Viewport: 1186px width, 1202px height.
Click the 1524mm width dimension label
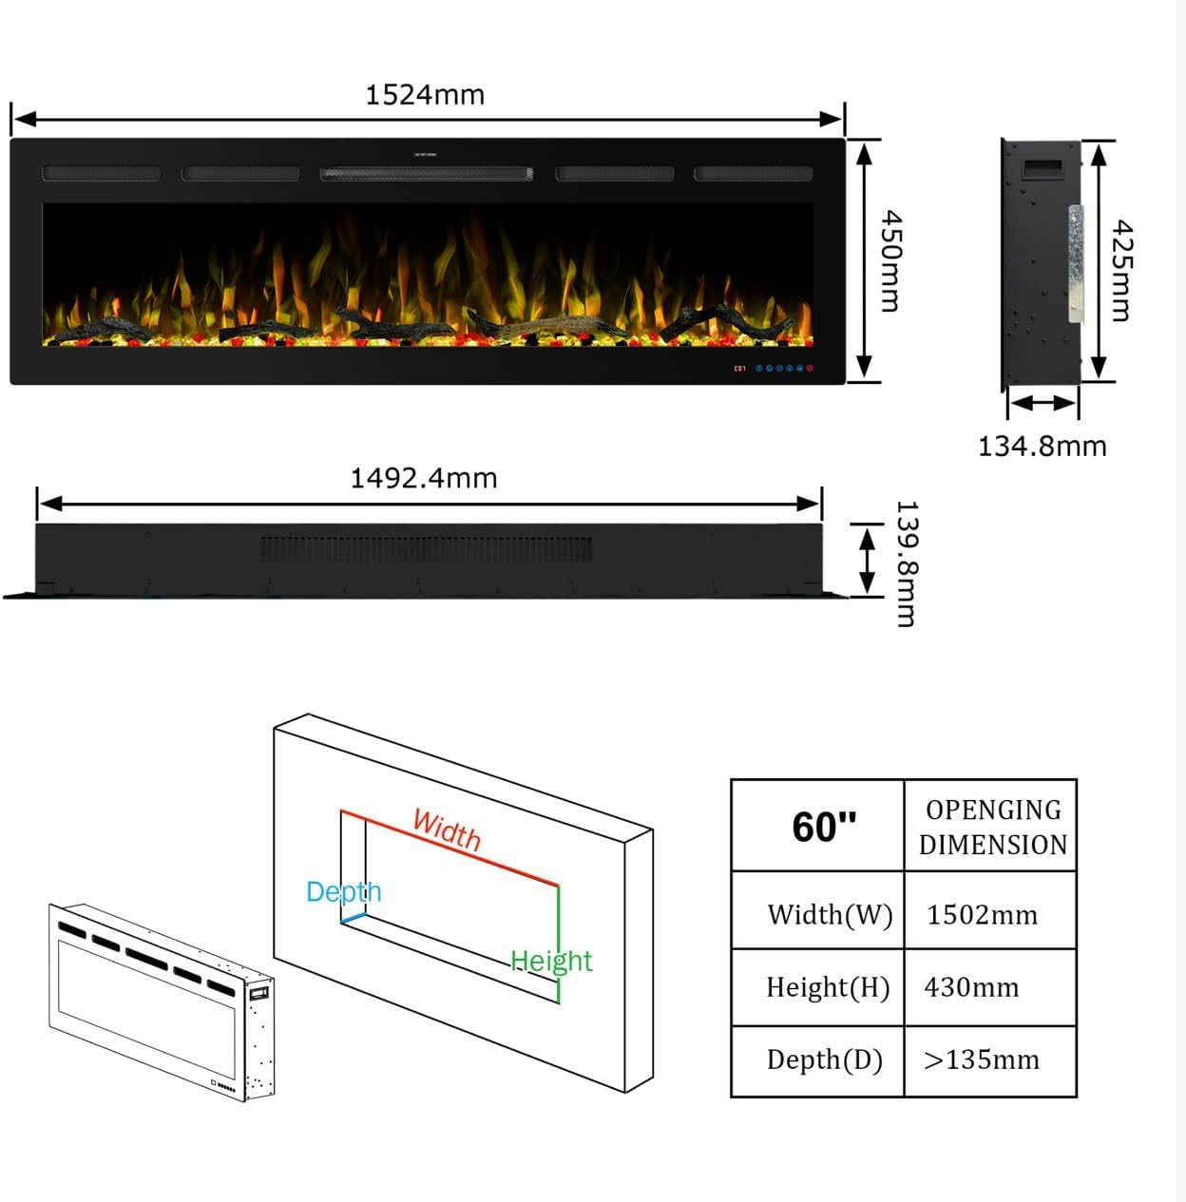pos(425,95)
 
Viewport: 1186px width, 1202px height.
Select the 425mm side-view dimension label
pos(1122,270)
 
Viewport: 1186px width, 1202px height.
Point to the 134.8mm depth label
pos(1042,446)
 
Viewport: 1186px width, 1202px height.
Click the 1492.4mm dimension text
pos(424,478)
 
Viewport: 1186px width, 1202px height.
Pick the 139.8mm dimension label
pos(906,563)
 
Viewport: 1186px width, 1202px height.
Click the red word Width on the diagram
pos(447,830)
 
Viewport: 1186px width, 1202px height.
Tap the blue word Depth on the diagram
pos(343,892)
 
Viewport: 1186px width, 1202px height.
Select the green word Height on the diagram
pos(551,961)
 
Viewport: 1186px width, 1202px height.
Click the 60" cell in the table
pos(823,827)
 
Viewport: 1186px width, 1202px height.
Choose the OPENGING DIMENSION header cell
pos(992,827)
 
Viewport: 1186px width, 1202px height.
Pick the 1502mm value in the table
pos(982,915)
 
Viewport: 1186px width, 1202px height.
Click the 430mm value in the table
pos(971,987)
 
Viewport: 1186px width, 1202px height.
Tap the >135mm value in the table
pos(982,1059)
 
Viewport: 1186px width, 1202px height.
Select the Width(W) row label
pos(830,915)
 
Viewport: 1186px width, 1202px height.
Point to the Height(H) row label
pos(828,987)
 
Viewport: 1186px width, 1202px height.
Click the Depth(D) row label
pos(825,1059)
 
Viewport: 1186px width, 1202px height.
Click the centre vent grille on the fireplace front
pos(426,174)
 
